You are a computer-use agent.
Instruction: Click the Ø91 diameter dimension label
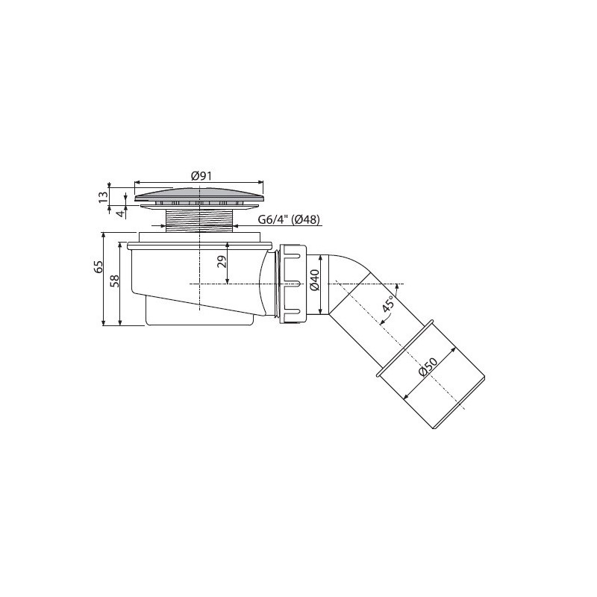coord(201,176)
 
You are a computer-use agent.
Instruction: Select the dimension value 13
coord(103,197)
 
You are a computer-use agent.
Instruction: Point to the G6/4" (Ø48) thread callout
coord(289,219)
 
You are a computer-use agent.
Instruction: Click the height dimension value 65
coord(98,267)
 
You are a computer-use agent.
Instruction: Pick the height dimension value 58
coord(114,281)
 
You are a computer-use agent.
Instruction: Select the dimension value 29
coord(222,262)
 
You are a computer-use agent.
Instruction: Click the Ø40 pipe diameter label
coord(314,281)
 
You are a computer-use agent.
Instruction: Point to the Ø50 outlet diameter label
coord(429,368)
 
